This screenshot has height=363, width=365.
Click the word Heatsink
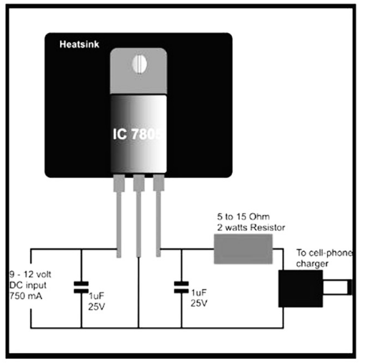pyautogui.click(x=79, y=44)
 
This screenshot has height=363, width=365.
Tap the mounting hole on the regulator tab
pyautogui.click(x=140, y=65)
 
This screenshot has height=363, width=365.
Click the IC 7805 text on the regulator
pyautogui.click(x=137, y=134)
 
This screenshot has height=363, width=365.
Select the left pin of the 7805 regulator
pyautogui.click(x=119, y=216)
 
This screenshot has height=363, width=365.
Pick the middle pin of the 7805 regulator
pyautogui.click(x=139, y=216)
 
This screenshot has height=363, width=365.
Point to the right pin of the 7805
pyautogui.click(x=158, y=216)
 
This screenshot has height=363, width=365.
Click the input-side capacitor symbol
pyautogui.click(x=81, y=287)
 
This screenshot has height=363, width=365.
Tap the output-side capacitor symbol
pyautogui.click(x=181, y=287)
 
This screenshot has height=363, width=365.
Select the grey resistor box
pyautogui.click(x=243, y=249)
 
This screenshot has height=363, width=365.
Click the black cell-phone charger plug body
pyautogui.click(x=301, y=288)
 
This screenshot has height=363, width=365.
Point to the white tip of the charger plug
pyautogui.click(x=337, y=287)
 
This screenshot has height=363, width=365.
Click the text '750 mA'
pyautogui.click(x=26, y=296)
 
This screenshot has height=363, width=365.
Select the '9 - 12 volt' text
pyautogui.click(x=30, y=275)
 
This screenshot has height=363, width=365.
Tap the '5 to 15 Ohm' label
pyautogui.click(x=243, y=217)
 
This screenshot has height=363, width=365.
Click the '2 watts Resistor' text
pyautogui.click(x=251, y=227)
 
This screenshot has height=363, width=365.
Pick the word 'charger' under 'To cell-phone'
pyautogui.click(x=312, y=264)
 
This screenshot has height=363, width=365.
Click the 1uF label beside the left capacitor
pyautogui.click(x=97, y=296)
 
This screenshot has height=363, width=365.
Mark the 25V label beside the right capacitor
pyautogui.click(x=199, y=303)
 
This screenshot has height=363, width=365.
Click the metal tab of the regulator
pyautogui.click(x=138, y=71)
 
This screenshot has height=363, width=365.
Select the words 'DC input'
pyautogui.click(x=28, y=286)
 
